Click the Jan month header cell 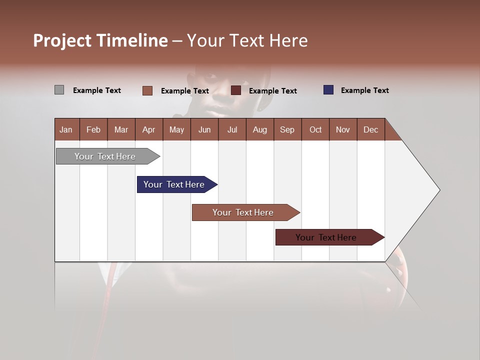(66, 129)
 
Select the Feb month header (93, 129)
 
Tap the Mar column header (121, 129)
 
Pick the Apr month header (148, 129)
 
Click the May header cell (176, 129)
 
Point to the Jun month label (204, 129)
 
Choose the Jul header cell (232, 129)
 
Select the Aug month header (259, 129)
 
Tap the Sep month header (287, 129)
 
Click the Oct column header (315, 129)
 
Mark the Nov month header (343, 129)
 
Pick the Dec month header (370, 129)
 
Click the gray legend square (59, 90)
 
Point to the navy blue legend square (328, 90)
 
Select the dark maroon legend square (236, 90)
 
